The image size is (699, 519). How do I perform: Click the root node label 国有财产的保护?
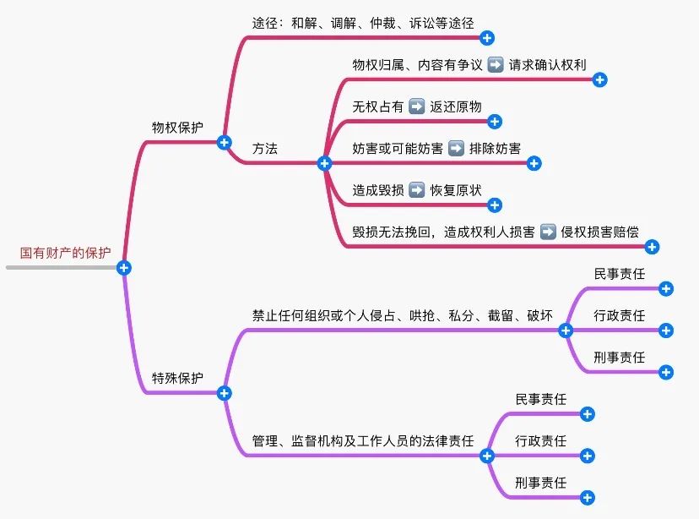click(65, 252)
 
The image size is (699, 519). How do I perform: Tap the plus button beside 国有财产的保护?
click(124, 268)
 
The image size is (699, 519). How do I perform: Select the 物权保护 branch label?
click(177, 128)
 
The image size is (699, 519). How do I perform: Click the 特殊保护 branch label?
click(177, 378)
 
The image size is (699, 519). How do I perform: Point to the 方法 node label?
click(265, 148)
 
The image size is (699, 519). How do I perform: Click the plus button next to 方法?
click(324, 163)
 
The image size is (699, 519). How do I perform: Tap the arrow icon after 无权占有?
click(416, 107)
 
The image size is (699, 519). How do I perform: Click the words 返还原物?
click(456, 107)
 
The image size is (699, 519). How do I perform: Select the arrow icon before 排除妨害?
click(456, 148)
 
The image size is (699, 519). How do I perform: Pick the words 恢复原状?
click(456, 189)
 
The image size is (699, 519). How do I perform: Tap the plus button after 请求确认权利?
click(599, 80)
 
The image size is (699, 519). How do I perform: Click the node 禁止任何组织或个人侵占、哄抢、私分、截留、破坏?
click(403, 315)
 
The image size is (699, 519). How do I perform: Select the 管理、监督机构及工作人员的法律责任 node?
click(363, 441)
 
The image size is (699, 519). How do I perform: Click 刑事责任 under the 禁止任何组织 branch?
click(620, 358)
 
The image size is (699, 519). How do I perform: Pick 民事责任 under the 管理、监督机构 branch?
click(541, 400)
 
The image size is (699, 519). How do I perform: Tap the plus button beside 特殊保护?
click(224, 393)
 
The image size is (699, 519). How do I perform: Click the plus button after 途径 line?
click(486, 37)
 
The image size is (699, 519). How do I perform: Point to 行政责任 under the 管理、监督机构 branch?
click(541, 441)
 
